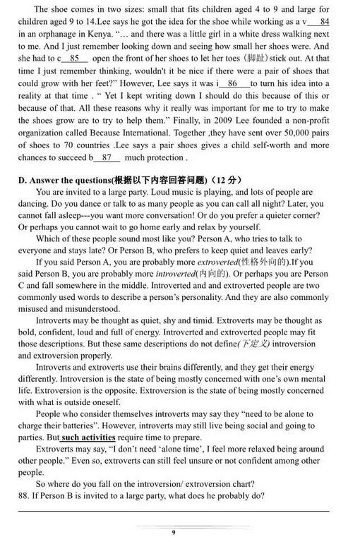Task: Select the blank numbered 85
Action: point(78,59)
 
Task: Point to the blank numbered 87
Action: point(107,158)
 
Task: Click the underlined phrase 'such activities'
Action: point(88,438)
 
